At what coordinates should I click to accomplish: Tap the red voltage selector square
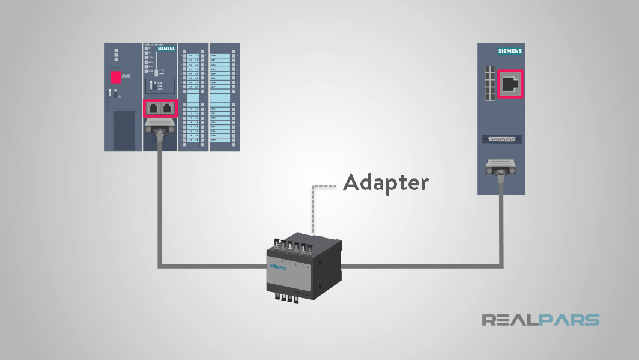(116, 78)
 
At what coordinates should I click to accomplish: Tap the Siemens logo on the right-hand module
(510, 52)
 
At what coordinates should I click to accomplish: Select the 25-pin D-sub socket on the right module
(500, 139)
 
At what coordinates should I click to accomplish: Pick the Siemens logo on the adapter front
(279, 266)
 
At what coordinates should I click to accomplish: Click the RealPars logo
(540, 320)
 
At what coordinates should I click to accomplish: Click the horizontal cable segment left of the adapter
(210, 264)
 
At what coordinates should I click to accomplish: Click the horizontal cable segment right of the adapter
(420, 264)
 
